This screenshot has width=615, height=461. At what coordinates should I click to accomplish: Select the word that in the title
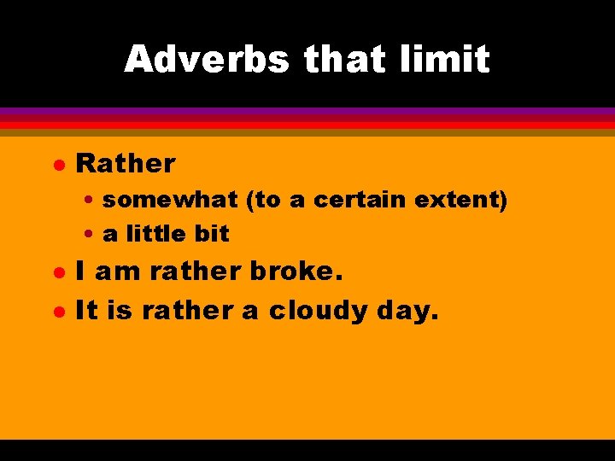point(345,60)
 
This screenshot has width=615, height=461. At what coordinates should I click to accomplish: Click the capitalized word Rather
point(126,162)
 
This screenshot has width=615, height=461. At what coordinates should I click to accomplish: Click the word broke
point(296,271)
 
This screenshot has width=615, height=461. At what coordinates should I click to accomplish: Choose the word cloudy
point(319,311)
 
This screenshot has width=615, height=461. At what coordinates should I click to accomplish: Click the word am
point(119,271)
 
